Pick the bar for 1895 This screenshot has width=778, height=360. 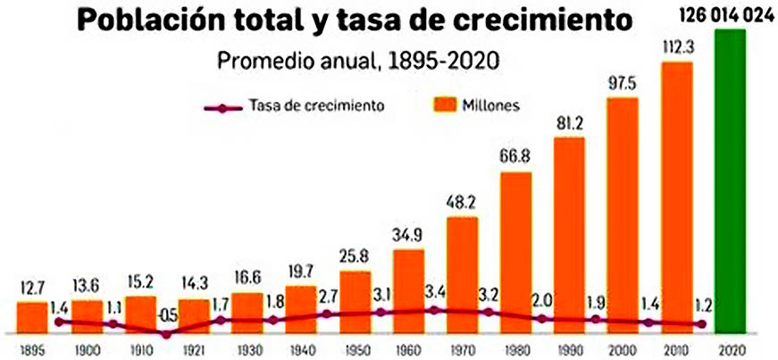point(32,315)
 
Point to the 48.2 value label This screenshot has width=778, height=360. point(462,203)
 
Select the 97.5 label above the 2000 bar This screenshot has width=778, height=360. point(623,83)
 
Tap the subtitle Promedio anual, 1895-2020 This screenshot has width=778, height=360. point(357,62)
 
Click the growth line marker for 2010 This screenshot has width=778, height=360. point(648,322)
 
